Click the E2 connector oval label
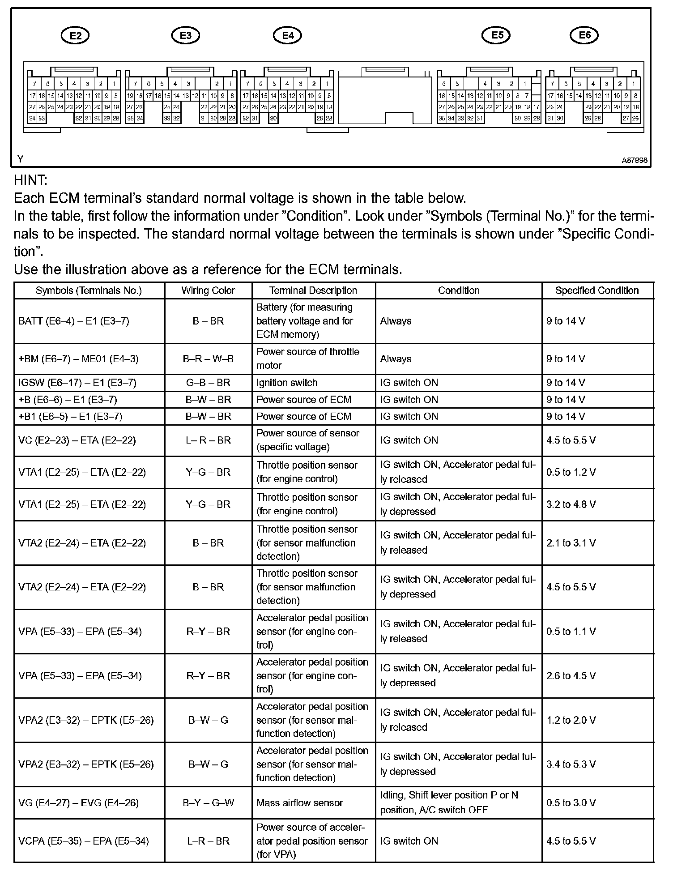[x=75, y=36]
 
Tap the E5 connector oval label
[x=496, y=35]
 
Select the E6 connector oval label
[x=584, y=35]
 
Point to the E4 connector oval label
[x=287, y=36]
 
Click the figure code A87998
[x=634, y=160]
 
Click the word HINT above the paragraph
[x=30, y=180]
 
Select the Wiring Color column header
[x=208, y=290]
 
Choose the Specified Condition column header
[x=596, y=290]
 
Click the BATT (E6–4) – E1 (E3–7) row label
[x=74, y=321]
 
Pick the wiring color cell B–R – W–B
[x=208, y=359]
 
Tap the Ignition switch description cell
[x=287, y=383]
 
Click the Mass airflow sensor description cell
[x=299, y=803]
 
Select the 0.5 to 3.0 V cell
[x=571, y=803]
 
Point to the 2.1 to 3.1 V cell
[x=571, y=543]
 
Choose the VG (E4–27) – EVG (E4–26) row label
[x=79, y=803]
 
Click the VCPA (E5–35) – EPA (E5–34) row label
[x=83, y=841]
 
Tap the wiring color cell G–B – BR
[x=208, y=383]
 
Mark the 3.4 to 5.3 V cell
[x=571, y=764]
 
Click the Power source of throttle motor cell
[x=307, y=359]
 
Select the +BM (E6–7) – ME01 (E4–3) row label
[x=79, y=359]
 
